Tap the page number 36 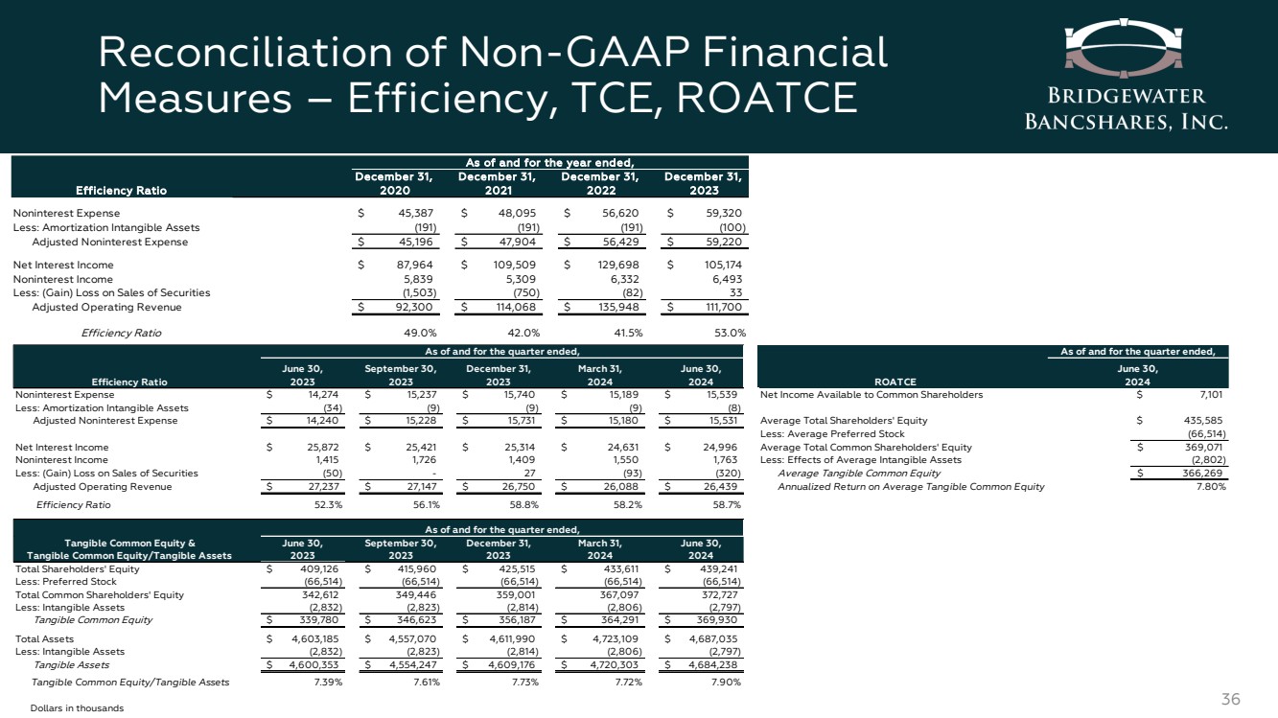click(x=1232, y=699)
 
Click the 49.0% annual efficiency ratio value click(x=418, y=333)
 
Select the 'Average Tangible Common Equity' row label click(x=859, y=473)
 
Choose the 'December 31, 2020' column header click(x=394, y=183)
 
